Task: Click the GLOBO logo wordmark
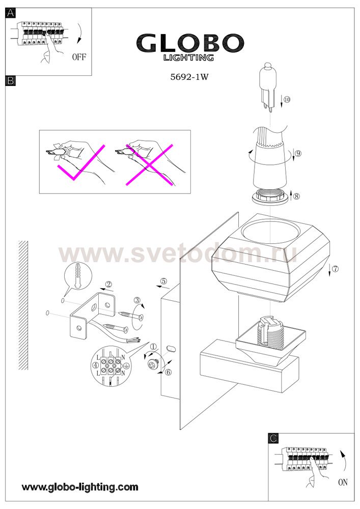[x=190, y=43]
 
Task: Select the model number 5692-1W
[x=189, y=77]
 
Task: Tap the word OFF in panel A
[x=79, y=57]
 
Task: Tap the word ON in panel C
[x=343, y=483]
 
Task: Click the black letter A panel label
[x=11, y=13]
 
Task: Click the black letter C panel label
[x=273, y=438]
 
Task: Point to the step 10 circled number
[x=287, y=99]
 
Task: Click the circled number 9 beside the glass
[x=298, y=153]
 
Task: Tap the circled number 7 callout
[x=335, y=268]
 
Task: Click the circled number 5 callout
[x=163, y=281]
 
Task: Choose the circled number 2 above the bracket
[x=109, y=285]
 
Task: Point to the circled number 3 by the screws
[x=137, y=300]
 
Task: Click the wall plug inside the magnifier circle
[x=77, y=275]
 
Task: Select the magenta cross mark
[x=149, y=165]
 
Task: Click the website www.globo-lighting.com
[x=80, y=487]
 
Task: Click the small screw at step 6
[x=152, y=364]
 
